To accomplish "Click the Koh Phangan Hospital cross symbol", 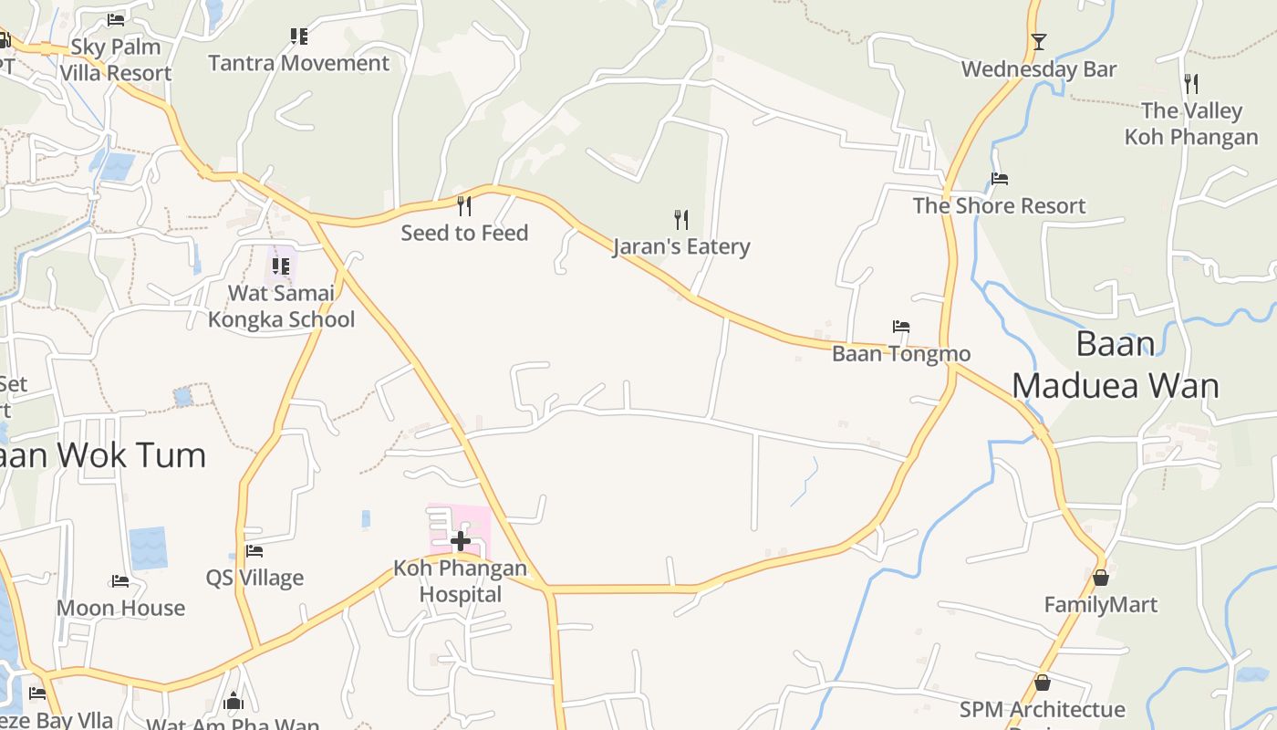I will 461,541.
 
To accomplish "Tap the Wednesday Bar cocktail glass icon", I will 1038,42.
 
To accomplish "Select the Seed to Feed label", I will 464,233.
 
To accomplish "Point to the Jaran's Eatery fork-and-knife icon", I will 680,219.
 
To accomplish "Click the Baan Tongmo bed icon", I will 901,327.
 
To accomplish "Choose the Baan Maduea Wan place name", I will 1115,365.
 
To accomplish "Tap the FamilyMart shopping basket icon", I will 1101,578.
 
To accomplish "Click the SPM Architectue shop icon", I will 1043,683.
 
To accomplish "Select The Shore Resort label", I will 999,206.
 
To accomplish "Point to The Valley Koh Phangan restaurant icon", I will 1190,84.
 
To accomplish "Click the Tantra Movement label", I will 298,63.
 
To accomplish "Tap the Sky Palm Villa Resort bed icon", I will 116,19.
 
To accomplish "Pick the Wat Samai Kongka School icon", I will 281,266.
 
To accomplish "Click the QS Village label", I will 254,578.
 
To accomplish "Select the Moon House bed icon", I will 119,581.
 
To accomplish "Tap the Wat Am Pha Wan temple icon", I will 234,701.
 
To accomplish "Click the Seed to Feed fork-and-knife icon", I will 464,205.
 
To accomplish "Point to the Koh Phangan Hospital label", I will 460,581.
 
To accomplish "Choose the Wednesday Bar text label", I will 1038,69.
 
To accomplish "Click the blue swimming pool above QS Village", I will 148,547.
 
